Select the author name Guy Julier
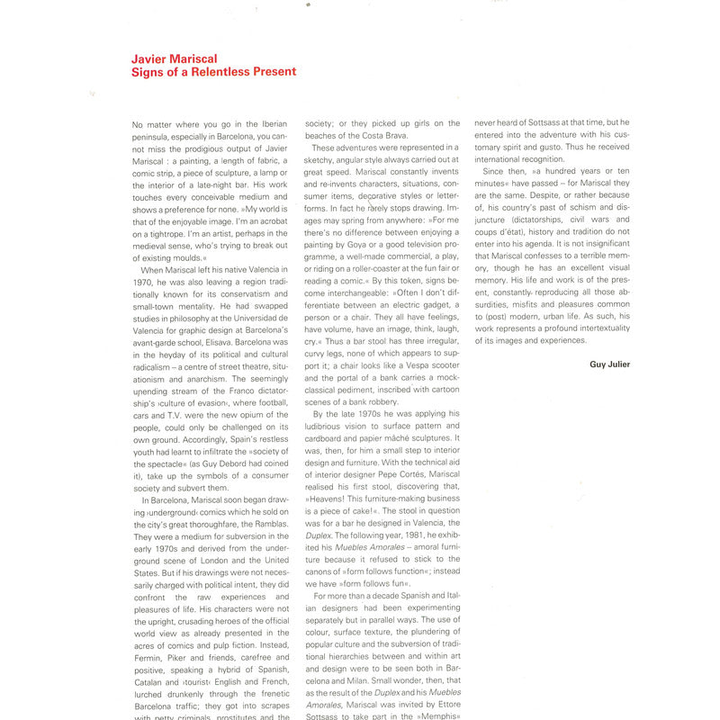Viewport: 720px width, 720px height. click(x=609, y=364)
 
